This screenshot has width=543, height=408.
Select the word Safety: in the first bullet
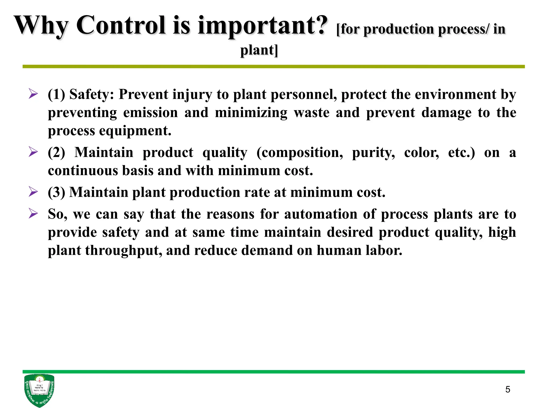[x=92, y=95]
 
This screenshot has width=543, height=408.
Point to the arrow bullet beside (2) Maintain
[x=33, y=152]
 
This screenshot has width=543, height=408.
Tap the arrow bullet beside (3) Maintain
[x=33, y=192]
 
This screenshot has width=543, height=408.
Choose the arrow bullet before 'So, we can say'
[x=33, y=214]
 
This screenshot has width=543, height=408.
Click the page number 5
[x=507, y=389]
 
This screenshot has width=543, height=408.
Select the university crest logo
[x=39, y=390]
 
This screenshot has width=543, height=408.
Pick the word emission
[x=151, y=113]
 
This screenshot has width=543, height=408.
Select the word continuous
[x=83, y=171]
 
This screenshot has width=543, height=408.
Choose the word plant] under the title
[x=259, y=50]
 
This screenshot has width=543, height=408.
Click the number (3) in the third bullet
[x=56, y=192]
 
